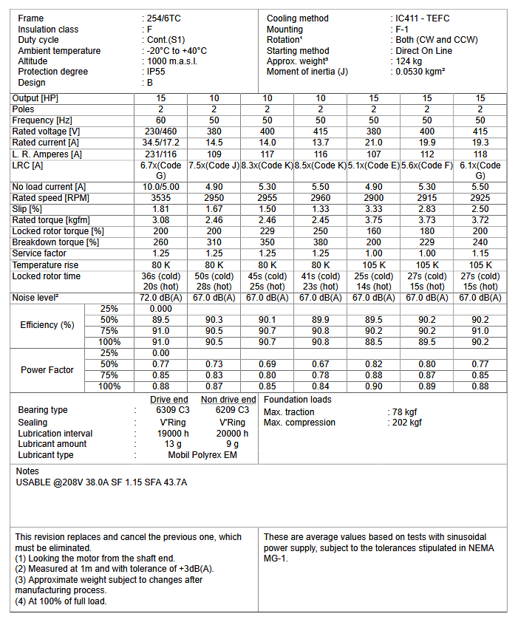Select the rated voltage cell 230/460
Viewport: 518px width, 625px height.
pos(161,131)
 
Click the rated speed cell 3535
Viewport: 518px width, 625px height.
pos(161,198)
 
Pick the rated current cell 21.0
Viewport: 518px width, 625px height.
pos(374,142)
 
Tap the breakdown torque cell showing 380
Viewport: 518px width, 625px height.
pos(321,242)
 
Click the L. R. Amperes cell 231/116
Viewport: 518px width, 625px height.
pos(161,154)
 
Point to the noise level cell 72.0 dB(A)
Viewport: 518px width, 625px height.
pos(161,298)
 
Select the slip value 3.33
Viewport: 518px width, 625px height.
pos(374,209)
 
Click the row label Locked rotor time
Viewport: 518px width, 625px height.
pos(47,276)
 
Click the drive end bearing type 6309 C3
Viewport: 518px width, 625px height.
pos(172,410)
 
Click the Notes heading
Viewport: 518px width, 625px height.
pos(27,471)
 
